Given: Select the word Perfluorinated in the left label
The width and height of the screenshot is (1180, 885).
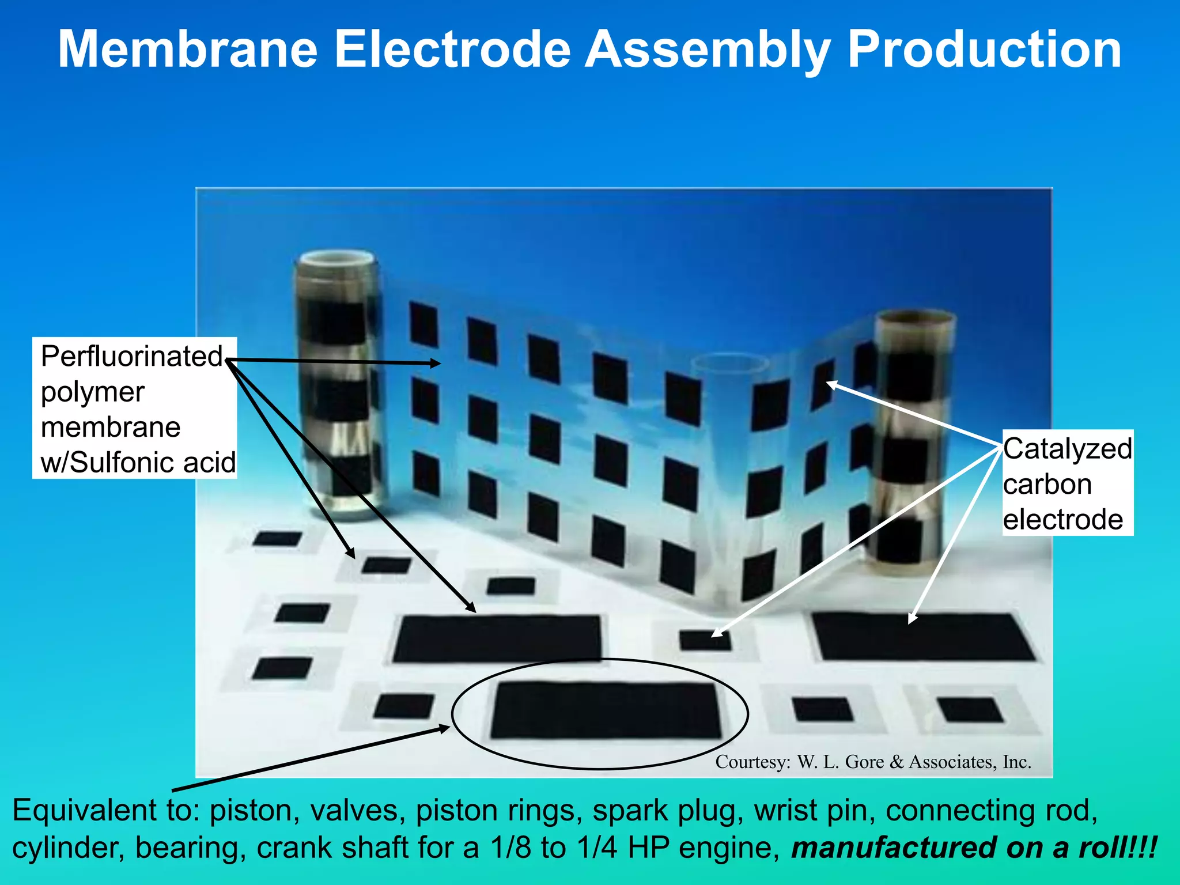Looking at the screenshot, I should click(131, 356).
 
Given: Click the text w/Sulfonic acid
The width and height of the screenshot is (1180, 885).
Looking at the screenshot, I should click(138, 462).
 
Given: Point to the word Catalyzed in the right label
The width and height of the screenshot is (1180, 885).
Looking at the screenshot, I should click(1067, 449).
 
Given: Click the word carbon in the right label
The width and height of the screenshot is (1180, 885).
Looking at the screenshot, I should click(1047, 484).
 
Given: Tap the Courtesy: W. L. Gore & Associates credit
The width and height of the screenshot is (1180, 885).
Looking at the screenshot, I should click(873, 762).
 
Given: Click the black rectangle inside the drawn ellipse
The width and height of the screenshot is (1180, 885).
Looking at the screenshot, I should click(605, 710).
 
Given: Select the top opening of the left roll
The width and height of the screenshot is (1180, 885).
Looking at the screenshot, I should click(337, 258).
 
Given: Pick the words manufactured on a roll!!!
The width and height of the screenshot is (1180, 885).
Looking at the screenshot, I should click(974, 848).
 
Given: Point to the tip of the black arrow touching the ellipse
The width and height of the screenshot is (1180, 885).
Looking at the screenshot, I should click(448, 727).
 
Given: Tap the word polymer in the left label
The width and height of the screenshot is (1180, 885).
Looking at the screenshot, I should click(92, 392).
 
